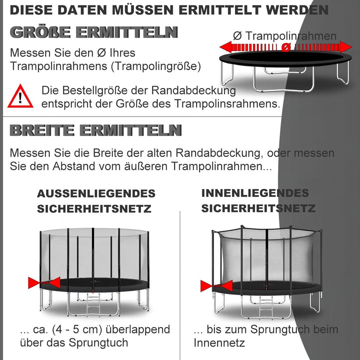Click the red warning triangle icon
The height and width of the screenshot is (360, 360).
(20, 96)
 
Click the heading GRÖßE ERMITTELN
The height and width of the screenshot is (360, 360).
(94, 32)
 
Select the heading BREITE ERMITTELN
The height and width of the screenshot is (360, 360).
(95, 130)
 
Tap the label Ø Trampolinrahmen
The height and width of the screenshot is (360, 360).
(284, 36)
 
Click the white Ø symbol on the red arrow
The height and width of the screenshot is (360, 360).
(285, 47)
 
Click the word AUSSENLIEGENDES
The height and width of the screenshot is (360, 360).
(96, 193)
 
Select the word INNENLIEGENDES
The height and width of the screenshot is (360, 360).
(255, 193)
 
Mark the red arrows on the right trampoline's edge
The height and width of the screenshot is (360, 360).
(216, 286)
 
